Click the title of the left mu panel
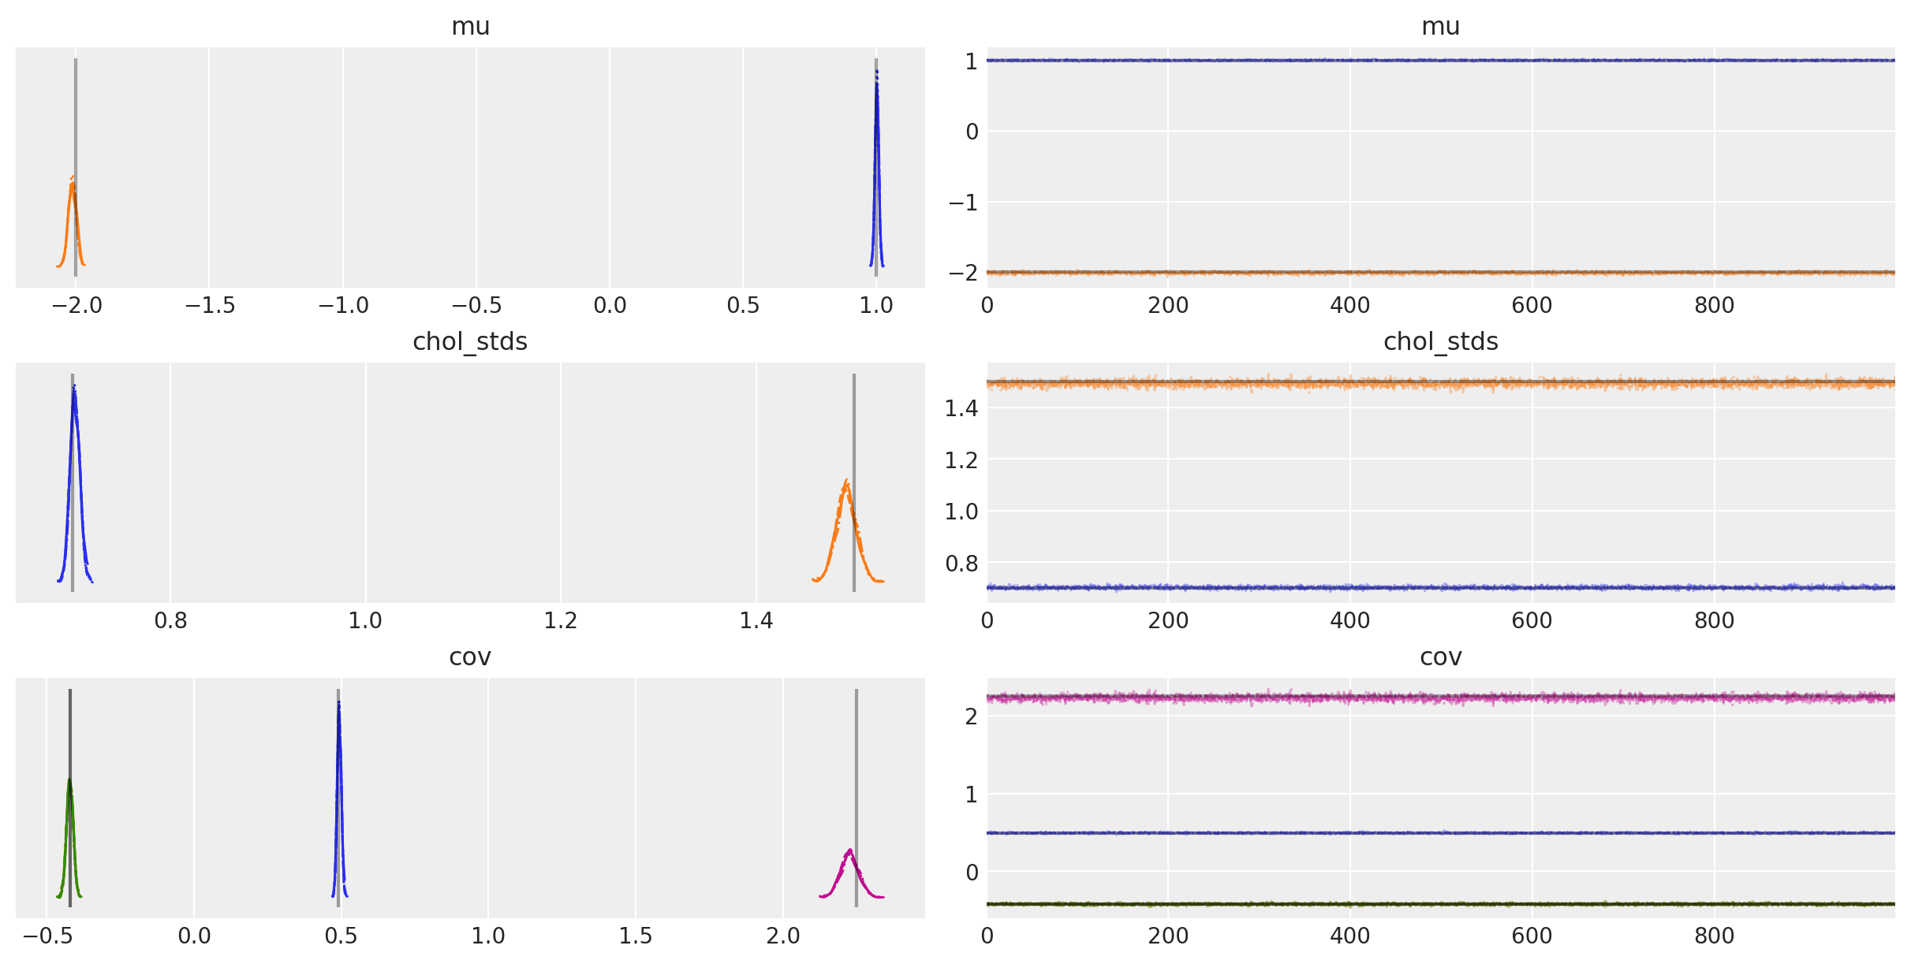pyautogui.click(x=470, y=27)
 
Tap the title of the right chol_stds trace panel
pyautogui.click(x=1440, y=342)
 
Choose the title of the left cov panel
pyautogui.click(x=470, y=657)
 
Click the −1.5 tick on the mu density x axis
pyautogui.click(x=210, y=306)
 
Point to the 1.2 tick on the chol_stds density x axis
pyautogui.click(x=561, y=621)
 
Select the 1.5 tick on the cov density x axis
pyautogui.click(x=636, y=936)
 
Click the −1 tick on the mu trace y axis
pyautogui.click(x=963, y=203)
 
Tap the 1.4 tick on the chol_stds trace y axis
pyautogui.click(x=961, y=408)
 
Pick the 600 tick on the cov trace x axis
pyautogui.click(x=1532, y=936)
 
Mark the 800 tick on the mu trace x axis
pyautogui.click(x=1714, y=306)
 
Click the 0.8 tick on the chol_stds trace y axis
pyautogui.click(x=961, y=564)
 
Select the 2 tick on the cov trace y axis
pyautogui.click(x=970, y=716)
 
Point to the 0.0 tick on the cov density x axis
pyautogui.click(x=194, y=936)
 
